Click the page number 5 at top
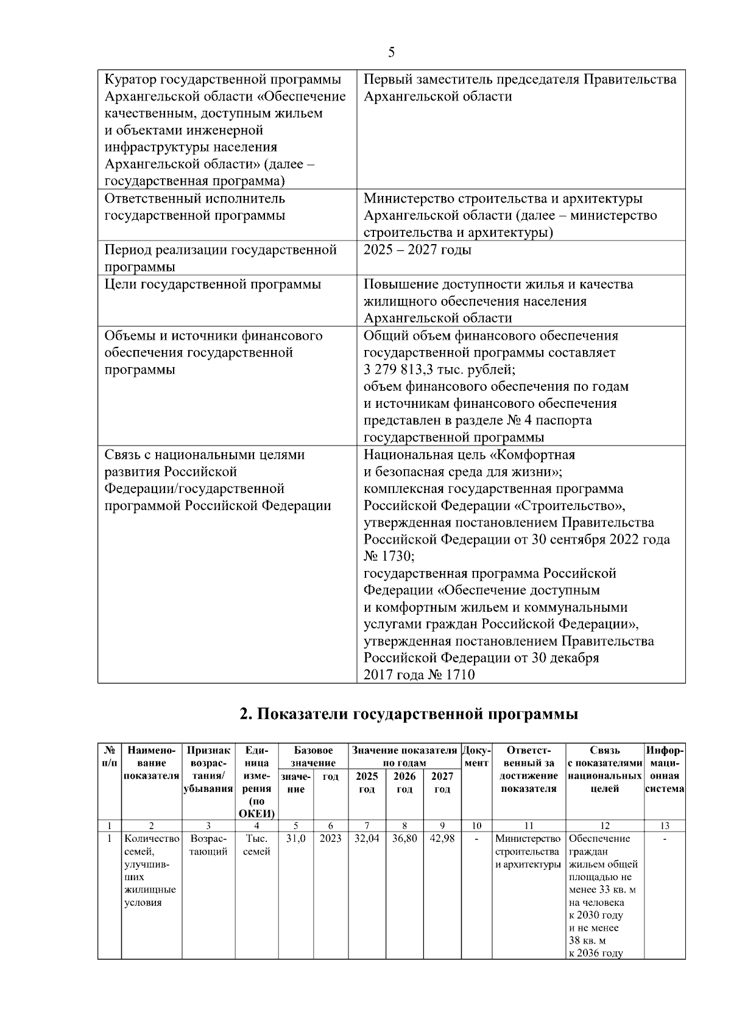pyautogui.click(x=391, y=52)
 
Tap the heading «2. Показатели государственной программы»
pyautogui.click(x=409, y=714)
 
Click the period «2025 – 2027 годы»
pyautogui.click(x=417, y=250)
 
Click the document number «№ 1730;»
pyautogui.click(x=389, y=556)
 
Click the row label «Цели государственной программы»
pyautogui.click(x=213, y=284)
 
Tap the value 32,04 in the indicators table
pyautogui.click(x=366, y=839)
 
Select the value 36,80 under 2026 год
pyautogui.click(x=404, y=839)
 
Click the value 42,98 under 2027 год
pyautogui.click(x=442, y=839)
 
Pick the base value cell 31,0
pyautogui.click(x=295, y=839)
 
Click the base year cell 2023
pyautogui.click(x=330, y=839)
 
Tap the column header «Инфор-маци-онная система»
pyautogui.click(x=665, y=769)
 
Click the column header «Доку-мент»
pyautogui.click(x=476, y=757)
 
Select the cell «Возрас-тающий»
pyautogui.click(x=208, y=845)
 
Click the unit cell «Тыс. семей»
pyautogui.click(x=256, y=845)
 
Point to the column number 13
pyautogui.click(x=665, y=826)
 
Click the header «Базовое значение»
pyautogui.click(x=313, y=757)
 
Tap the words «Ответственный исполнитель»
pyautogui.click(x=194, y=198)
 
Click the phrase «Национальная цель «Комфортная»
pyautogui.click(x=469, y=455)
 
